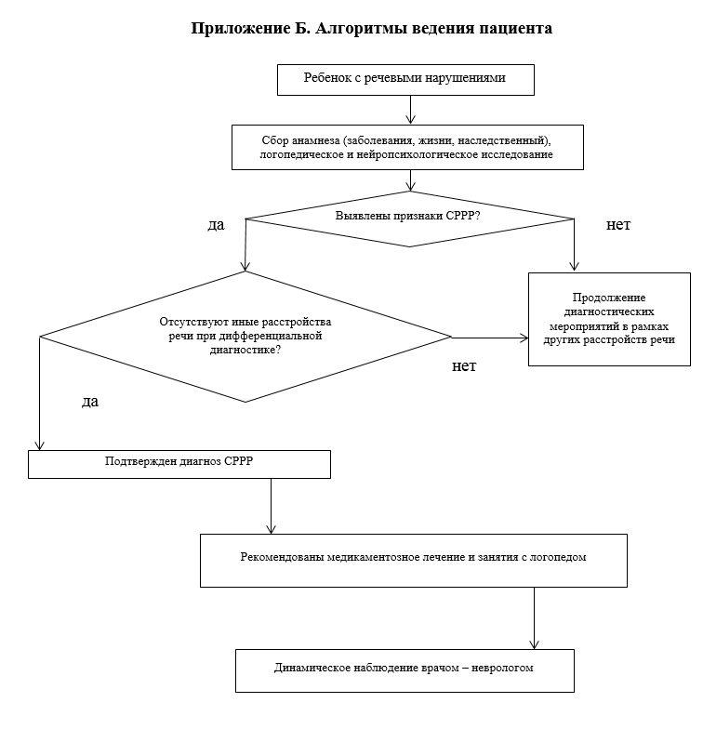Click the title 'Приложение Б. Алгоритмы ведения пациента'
click(x=372, y=29)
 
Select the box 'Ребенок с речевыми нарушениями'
click(x=405, y=79)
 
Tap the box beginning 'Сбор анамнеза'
click(x=407, y=148)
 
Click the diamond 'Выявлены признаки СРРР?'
click(x=409, y=219)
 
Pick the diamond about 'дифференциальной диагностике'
click(x=245, y=337)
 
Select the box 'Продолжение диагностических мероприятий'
click(x=610, y=319)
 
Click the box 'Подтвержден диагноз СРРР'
click(x=179, y=463)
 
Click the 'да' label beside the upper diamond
click(x=217, y=226)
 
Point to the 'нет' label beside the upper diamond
click(x=618, y=226)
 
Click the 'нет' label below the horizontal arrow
click(x=464, y=365)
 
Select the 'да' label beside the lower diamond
click(x=90, y=402)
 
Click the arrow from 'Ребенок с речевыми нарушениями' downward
click(x=410, y=109)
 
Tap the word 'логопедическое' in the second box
click(x=300, y=155)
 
